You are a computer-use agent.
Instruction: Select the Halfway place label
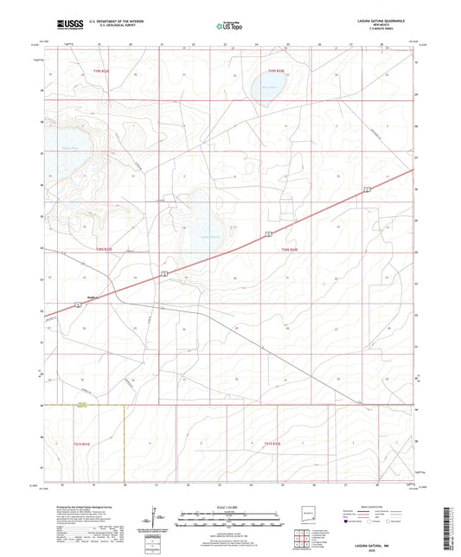point(95,296)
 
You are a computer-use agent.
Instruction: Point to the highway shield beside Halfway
point(164,273)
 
